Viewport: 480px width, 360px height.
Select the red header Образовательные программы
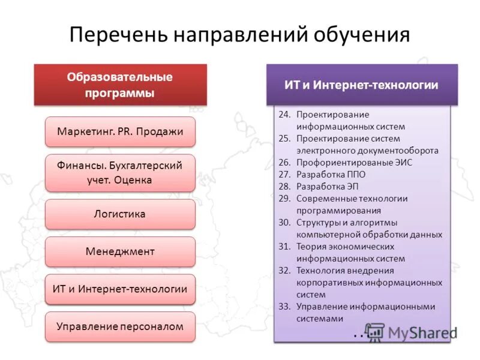tap(120, 85)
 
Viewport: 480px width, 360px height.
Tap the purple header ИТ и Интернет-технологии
tap(361, 85)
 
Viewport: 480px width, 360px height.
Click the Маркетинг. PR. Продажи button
tap(120, 131)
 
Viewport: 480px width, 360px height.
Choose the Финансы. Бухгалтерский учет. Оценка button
tap(120, 172)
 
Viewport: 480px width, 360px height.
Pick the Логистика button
tap(120, 214)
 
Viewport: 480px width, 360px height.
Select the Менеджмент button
tap(120, 251)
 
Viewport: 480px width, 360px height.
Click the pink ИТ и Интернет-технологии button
tap(120, 289)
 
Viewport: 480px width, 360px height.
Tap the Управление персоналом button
tap(120, 327)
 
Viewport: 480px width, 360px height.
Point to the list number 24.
tap(284, 115)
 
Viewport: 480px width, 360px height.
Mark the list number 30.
tap(284, 223)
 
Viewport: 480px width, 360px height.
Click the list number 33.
tap(284, 307)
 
